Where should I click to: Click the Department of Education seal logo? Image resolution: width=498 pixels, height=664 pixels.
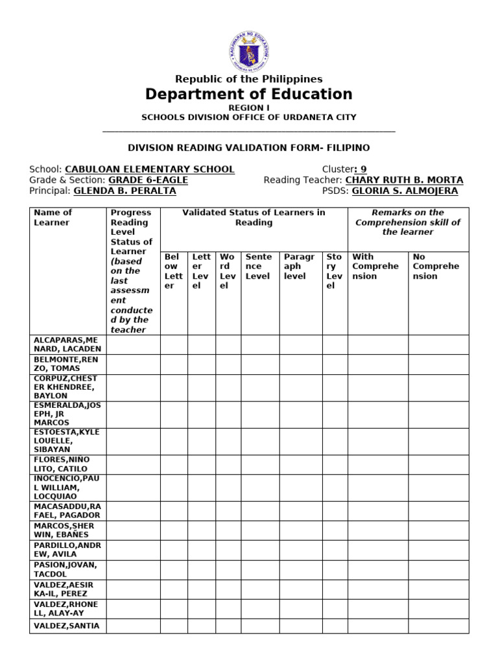coord(248,51)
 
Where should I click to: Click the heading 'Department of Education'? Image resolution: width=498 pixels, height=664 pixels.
coord(248,95)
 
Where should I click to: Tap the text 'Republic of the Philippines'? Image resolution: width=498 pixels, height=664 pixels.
coord(248,79)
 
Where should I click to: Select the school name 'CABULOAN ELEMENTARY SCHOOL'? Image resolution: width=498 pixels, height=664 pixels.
coord(150,169)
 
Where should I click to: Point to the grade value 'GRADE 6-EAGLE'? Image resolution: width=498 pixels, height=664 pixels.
coord(148,180)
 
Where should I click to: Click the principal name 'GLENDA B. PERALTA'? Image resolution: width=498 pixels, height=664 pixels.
coord(124,191)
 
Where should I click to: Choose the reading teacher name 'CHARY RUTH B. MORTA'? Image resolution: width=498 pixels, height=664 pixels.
coord(404,180)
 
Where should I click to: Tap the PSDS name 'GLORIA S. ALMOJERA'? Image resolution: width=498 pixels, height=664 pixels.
coord(405,191)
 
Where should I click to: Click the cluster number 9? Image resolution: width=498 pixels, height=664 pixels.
coord(363,169)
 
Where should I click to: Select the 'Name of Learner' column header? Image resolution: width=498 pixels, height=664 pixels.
coord(53,218)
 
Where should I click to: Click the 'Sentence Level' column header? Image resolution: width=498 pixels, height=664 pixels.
coord(259,267)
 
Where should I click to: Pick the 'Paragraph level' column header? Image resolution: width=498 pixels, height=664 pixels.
coord(298,267)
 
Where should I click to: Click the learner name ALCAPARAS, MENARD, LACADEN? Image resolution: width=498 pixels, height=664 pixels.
coord(67,344)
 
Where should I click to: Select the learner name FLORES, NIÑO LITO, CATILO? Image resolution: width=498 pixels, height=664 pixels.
coord(67,464)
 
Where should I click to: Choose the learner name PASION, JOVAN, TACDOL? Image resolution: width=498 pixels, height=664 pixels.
coord(67,569)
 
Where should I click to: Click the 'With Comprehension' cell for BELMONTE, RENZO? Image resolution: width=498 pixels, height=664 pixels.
coord(377,364)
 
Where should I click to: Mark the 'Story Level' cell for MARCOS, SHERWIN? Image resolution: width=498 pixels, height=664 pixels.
coord(335,530)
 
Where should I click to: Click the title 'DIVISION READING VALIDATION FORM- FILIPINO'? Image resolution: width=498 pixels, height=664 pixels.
coord(248,148)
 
